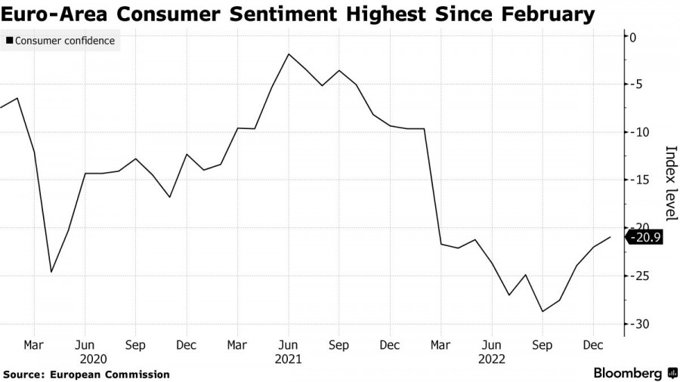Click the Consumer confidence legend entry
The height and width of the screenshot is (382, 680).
pos(65,41)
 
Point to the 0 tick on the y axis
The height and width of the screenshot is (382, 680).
pos(633,37)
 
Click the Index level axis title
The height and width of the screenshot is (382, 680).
pos(669,182)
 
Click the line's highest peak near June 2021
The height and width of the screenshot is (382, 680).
pos(288,54)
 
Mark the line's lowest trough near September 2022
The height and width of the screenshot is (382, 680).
pos(542,311)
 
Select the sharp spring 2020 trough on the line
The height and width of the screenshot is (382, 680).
pos(51,272)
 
